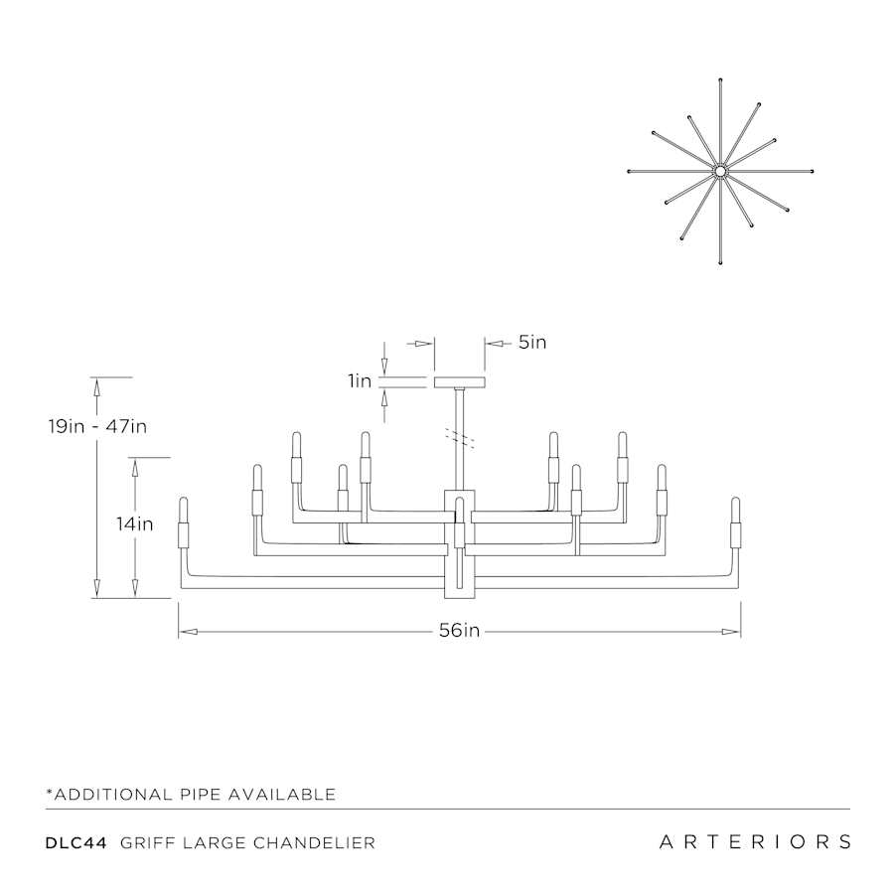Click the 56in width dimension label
click(459, 631)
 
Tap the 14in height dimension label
click(135, 523)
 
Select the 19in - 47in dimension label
click(97, 426)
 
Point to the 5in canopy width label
click(532, 342)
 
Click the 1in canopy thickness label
click(360, 380)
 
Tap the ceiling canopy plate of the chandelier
click(460, 382)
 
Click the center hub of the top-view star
click(721, 171)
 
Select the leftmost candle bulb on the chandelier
click(184, 522)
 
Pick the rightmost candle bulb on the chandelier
click(735, 522)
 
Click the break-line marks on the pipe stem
click(460, 437)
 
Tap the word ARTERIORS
click(755, 841)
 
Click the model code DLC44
click(76, 842)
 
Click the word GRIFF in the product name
click(148, 842)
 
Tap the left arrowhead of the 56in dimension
click(188, 632)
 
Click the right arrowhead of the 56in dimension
click(731, 632)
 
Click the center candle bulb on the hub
click(460, 522)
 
